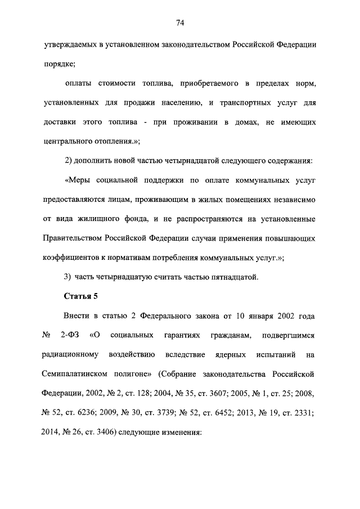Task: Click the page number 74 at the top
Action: pyautogui.click(x=180, y=23)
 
